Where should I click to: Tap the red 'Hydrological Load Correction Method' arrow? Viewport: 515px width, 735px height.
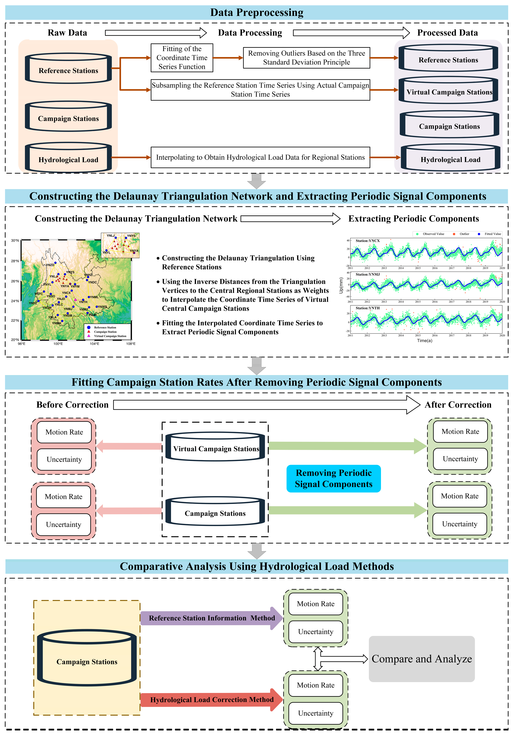click(x=212, y=700)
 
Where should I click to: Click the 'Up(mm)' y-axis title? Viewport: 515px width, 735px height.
click(x=341, y=285)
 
